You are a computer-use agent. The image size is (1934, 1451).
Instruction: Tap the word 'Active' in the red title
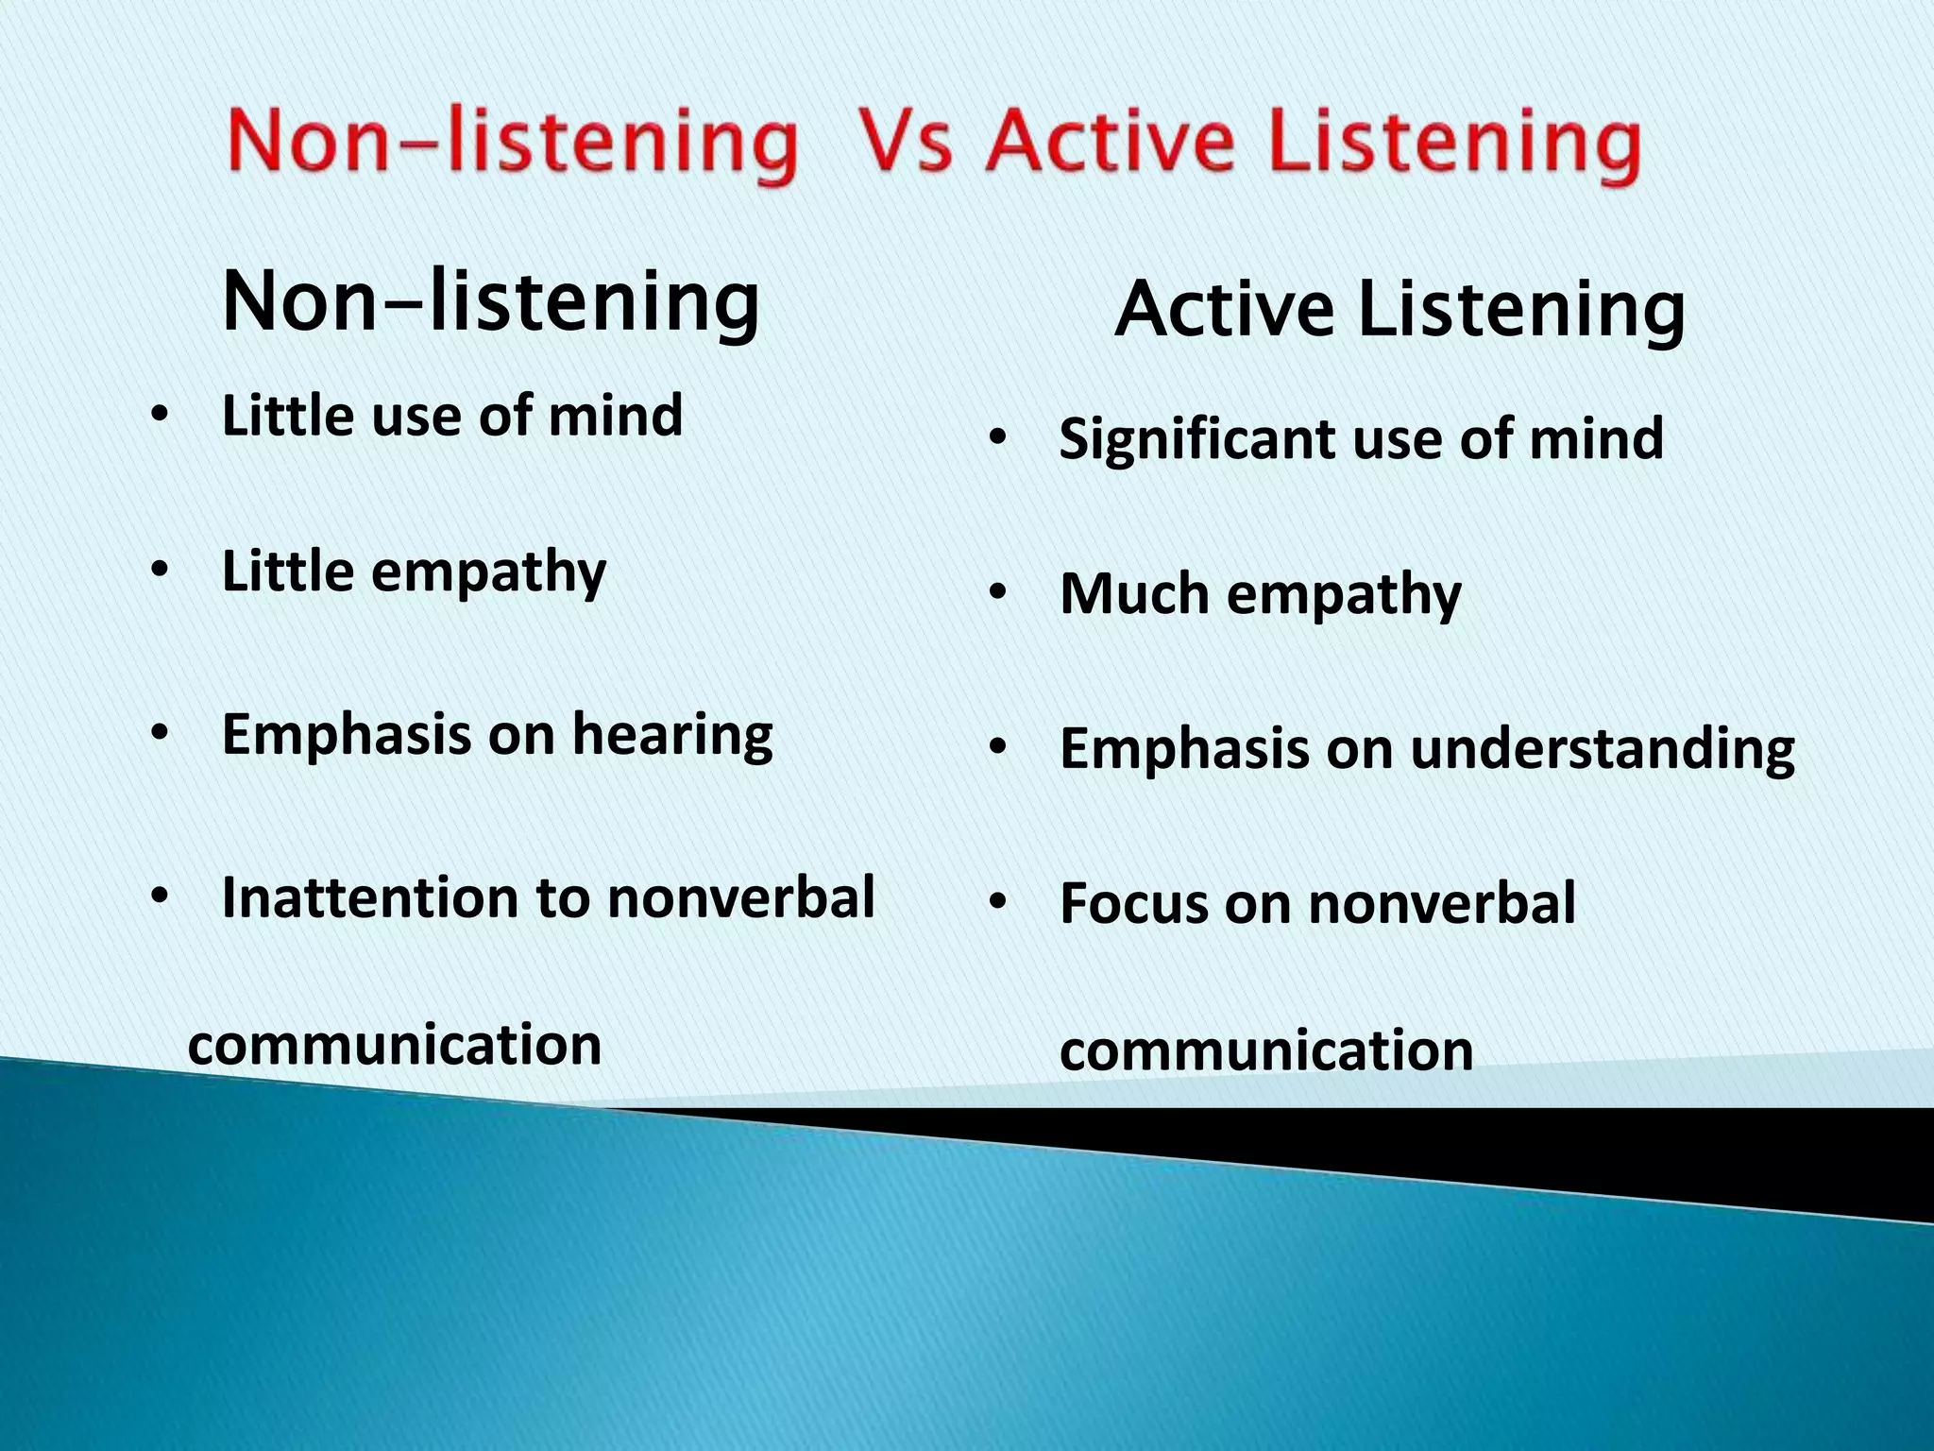click(1111, 144)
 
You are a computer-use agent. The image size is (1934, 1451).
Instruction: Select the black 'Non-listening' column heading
click(490, 302)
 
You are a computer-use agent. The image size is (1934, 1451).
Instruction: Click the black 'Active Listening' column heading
click(1400, 310)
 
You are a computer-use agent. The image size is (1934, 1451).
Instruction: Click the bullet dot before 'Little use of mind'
click(160, 416)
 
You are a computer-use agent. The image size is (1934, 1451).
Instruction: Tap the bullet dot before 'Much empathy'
click(998, 594)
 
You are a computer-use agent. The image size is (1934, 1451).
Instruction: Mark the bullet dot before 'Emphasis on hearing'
click(160, 734)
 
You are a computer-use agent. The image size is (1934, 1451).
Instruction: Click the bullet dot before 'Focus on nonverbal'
click(998, 903)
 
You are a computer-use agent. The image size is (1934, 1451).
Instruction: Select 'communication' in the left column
click(395, 1045)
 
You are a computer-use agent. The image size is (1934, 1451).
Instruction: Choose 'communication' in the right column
click(1266, 1051)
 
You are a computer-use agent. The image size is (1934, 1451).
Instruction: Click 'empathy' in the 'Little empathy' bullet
click(488, 572)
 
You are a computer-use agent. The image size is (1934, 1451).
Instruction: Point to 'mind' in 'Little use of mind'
click(615, 416)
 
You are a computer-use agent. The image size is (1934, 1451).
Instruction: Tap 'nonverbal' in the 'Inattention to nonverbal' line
click(741, 896)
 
